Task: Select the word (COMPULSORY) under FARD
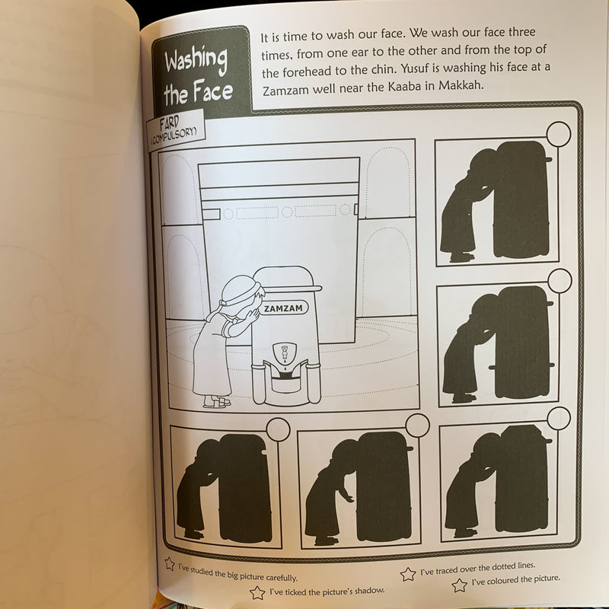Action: [x=174, y=135]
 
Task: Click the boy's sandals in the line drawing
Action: [x=216, y=402]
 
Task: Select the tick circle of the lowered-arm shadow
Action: [x=416, y=426]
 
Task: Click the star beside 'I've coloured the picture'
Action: [x=459, y=585]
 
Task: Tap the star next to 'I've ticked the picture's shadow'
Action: [x=257, y=592]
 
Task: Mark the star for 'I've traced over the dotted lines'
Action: [x=408, y=573]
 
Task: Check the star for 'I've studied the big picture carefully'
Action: [x=170, y=564]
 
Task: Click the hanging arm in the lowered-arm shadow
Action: [x=346, y=495]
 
